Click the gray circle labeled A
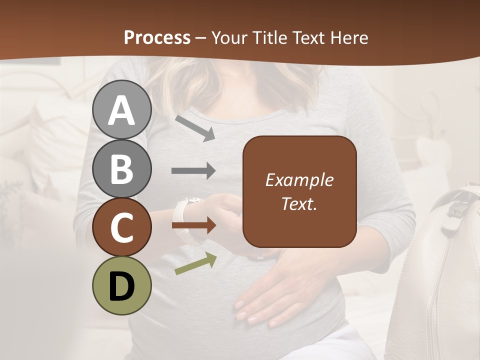tap(122, 109)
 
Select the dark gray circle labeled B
tap(122, 168)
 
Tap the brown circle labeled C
tap(122, 227)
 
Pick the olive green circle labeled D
tap(122, 285)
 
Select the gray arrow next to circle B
tap(193, 170)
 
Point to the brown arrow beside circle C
tap(193, 225)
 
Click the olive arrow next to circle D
tap(195, 263)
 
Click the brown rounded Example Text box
tap(299, 191)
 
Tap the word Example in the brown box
tap(299, 180)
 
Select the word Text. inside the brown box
tap(299, 203)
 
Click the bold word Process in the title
tap(157, 37)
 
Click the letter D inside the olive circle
tap(122, 285)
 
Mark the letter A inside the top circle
tap(122, 109)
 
